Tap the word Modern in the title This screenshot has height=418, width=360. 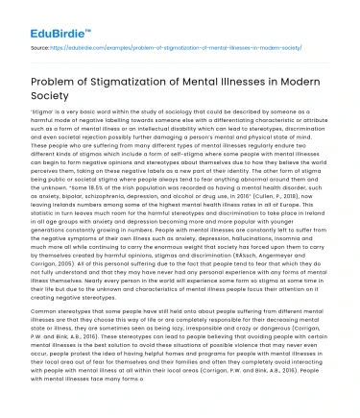[x=307, y=81]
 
